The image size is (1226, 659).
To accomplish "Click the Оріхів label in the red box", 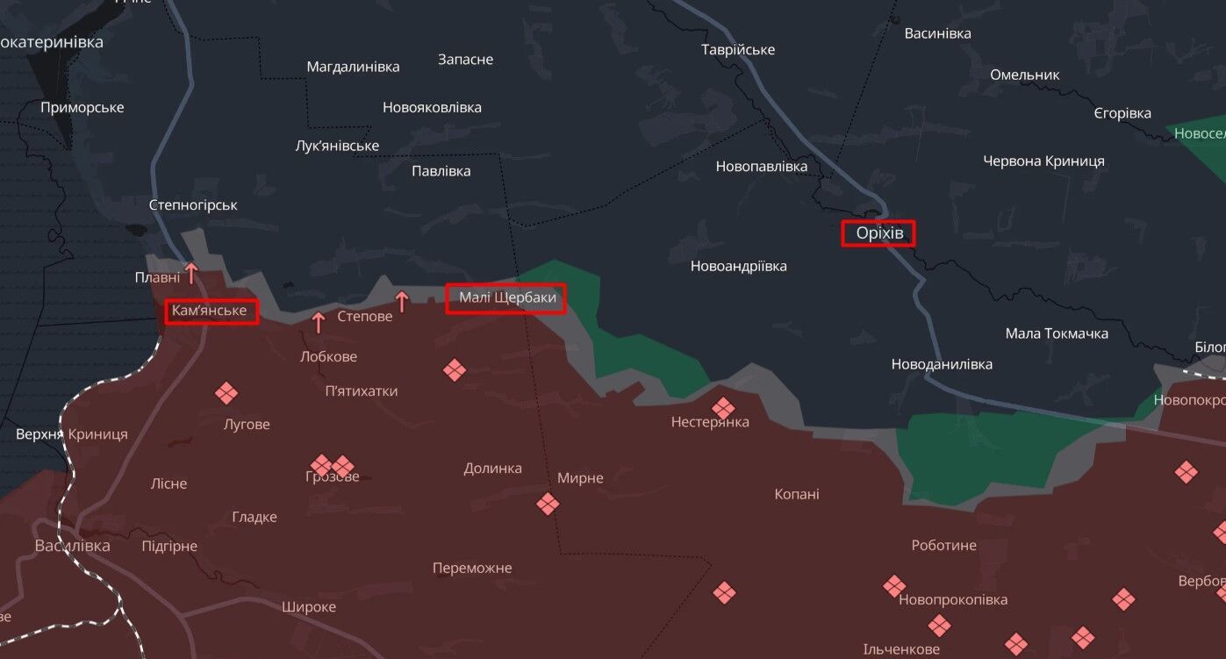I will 878,233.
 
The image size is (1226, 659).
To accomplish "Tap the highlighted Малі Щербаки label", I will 507,298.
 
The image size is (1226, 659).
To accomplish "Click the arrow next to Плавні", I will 190,272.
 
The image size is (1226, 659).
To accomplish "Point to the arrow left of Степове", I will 319,322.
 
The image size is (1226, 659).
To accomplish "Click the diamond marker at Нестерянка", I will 723,408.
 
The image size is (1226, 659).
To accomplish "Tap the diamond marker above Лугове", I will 226,393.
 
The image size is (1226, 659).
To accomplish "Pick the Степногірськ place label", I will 193,204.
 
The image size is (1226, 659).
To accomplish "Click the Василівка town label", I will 73,546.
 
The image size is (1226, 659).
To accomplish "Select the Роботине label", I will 943,545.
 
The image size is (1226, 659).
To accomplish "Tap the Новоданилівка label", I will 942,364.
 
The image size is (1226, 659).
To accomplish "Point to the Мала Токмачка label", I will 1057,333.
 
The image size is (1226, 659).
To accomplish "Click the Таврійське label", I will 738,50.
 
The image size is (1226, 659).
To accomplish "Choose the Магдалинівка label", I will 353,67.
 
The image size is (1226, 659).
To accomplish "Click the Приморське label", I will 82,108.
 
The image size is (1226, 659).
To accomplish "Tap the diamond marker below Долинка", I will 548,504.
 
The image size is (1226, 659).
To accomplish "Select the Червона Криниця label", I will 1043,161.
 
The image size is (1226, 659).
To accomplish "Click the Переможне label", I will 472,568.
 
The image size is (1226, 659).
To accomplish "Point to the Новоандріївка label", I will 739,266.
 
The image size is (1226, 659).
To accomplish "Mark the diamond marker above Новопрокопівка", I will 894,585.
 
